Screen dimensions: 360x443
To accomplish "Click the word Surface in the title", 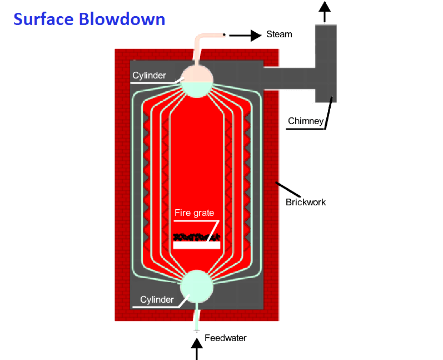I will [x=43, y=19].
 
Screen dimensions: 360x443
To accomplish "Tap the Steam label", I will [x=279, y=34].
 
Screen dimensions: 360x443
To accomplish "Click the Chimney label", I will [x=305, y=121].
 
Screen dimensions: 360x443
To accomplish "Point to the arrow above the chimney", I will [x=325, y=11].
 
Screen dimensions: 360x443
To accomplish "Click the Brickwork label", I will [x=306, y=202].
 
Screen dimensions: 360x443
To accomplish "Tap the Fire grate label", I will [x=194, y=213].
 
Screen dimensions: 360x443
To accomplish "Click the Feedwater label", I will [x=226, y=338].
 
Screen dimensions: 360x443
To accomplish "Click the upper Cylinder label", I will [x=149, y=75].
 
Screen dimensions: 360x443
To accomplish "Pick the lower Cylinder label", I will [x=157, y=300].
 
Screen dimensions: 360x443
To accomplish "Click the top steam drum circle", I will [x=197, y=80].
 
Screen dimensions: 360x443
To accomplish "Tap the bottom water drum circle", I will [x=197, y=286].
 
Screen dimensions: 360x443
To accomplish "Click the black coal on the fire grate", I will [x=196, y=238].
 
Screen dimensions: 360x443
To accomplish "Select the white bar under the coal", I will [x=197, y=245].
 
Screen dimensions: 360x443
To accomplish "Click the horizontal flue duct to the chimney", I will [x=289, y=77].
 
